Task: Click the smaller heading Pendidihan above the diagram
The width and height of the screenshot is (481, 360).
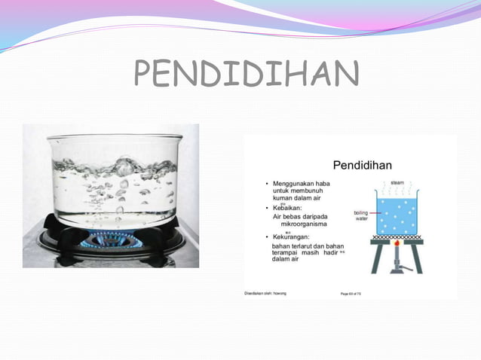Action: [x=363, y=164]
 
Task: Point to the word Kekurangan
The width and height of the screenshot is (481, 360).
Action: [x=296, y=237]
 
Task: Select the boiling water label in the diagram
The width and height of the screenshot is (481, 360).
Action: [x=361, y=217]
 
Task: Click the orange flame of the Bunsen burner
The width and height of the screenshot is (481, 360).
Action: [x=396, y=247]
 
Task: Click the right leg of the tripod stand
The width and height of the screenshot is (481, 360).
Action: [x=417, y=258]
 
